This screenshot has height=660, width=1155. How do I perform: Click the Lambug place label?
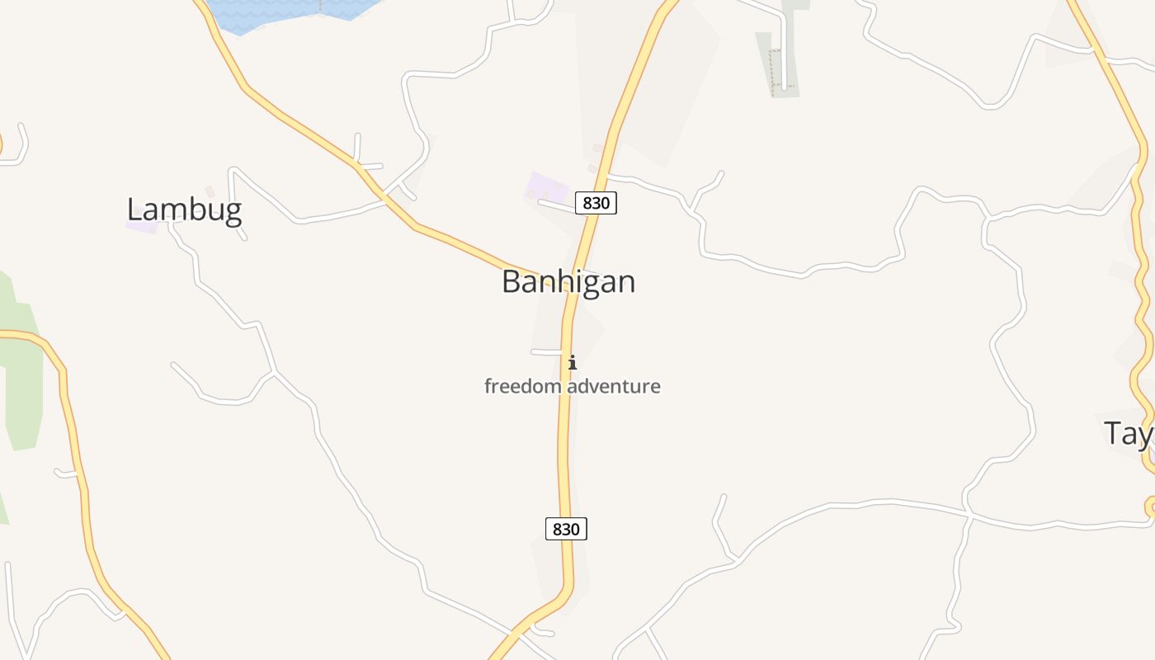(184, 210)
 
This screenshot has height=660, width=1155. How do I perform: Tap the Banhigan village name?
(568, 282)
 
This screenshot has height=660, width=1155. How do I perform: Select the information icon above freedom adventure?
(572, 362)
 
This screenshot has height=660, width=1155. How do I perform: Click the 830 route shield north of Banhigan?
(596, 203)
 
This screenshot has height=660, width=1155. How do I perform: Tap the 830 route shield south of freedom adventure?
(566, 529)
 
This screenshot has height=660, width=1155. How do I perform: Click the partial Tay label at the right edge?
(1129, 433)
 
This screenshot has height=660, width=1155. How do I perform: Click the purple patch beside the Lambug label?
(141, 226)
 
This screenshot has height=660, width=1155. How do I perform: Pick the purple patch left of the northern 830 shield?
(547, 187)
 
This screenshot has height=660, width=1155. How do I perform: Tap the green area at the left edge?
(21, 371)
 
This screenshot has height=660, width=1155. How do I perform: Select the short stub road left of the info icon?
(546, 352)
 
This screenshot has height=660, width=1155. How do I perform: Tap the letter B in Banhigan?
(511, 282)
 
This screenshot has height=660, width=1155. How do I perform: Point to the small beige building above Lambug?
(210, 191)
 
